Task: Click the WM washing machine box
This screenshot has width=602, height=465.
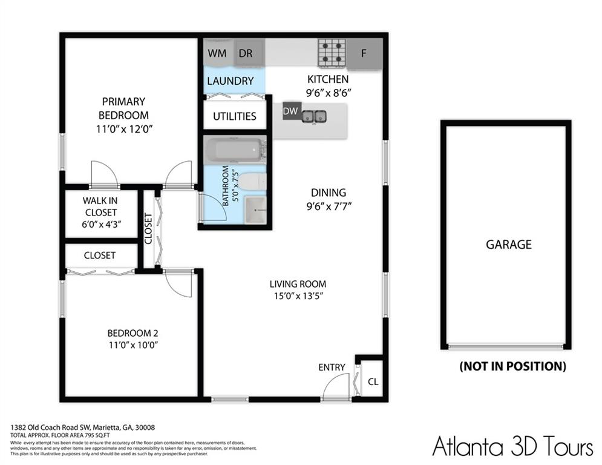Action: tap(217, 53)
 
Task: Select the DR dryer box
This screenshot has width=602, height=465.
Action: tap(246, 53)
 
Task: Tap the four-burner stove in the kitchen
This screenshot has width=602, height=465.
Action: tap(332, 53)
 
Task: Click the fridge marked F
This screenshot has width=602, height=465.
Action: tap(364, 53)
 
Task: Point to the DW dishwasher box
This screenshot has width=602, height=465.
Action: tap(290, 111)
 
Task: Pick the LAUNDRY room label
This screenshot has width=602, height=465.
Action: tap(230, 81)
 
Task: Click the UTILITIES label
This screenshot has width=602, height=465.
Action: tap(234, 116)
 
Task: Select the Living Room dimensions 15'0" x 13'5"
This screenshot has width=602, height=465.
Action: tap(298, 296)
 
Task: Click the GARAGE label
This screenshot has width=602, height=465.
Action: tap(508, 245)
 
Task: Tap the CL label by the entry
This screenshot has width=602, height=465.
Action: tap(373, 382)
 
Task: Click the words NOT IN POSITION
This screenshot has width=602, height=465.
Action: tap(512, 366)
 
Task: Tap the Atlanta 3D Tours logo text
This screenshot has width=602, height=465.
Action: tap(512, 447)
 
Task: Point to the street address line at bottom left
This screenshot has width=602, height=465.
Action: tap(82, 427)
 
